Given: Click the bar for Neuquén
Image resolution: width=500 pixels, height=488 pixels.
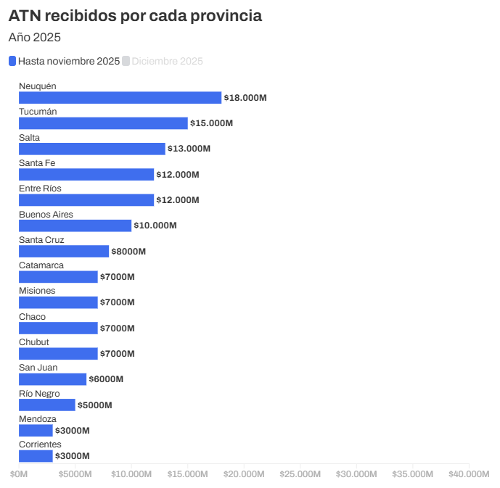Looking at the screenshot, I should click(x=120, y=98).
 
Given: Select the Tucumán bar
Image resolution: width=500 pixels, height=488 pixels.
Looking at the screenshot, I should click(x=103, y=123).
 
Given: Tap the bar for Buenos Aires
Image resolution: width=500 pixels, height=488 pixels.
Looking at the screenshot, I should click(x=75, y=226).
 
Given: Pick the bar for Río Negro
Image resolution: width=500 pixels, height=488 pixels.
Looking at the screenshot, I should click(x=47, y=405).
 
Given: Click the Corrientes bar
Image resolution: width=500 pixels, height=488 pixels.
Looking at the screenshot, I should click(x=36, y=456).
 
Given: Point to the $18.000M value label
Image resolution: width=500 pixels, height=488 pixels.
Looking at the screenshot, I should click(x=245, y=98).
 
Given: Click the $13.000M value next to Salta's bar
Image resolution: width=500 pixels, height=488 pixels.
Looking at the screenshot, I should click(x=189, y=149).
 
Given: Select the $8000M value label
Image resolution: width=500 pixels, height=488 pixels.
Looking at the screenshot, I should click(x=128, y=252).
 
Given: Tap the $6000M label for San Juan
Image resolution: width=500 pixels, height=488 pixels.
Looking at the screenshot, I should click(x=106, y=379).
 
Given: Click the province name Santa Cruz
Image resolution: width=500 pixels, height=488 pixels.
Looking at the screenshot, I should click(x=41, y=239).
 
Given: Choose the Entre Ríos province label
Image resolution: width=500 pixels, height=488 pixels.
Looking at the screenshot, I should click(x=40, y=189).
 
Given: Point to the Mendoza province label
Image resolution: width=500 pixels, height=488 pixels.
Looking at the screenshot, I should click(x=38, y=418).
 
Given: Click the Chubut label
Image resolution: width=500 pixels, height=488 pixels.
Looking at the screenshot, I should click(x=34, y=342).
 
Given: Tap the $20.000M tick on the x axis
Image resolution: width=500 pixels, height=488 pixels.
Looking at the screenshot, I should click(x=244, y=474).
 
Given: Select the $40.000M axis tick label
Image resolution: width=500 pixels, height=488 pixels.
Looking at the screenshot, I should click(x=469, y=474).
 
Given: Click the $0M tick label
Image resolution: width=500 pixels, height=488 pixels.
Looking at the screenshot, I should click(x=19, y=474).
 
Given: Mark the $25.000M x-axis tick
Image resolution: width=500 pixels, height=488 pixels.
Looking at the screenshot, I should click(x=300, y=474).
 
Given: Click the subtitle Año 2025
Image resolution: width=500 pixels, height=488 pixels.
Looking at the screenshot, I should click(x=35, y=37).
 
